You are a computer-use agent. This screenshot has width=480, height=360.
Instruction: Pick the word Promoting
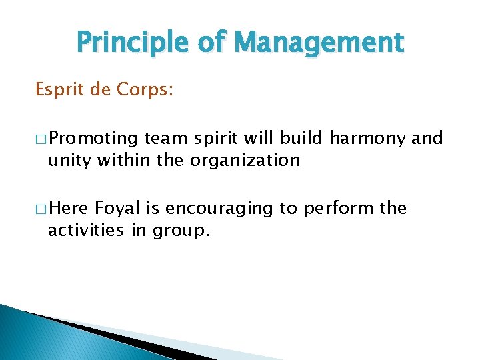point(93,139)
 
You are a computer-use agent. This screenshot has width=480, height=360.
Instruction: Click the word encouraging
point(219,209)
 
